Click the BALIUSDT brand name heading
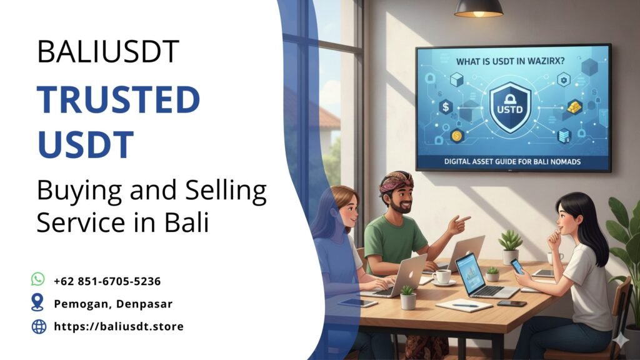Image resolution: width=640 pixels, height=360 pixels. [107, 52]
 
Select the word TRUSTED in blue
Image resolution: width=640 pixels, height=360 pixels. [118, 99]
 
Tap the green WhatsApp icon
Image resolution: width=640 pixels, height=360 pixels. [38, 279]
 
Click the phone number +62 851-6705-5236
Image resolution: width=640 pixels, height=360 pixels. [107, 281]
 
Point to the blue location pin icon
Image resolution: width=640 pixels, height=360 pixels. [38, 302]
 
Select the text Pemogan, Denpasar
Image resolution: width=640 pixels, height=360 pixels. [113, 304]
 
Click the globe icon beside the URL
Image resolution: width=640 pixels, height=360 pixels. [39, 326]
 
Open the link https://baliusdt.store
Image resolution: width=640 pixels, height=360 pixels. [119, 326]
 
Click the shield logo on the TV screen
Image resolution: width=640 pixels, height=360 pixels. [509, 106]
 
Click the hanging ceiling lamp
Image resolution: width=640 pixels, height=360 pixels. [478, 8]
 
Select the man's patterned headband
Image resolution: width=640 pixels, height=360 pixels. [396, 182]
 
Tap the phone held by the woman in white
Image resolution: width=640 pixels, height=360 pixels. [517, 266]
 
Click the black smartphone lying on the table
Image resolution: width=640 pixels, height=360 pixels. [511, 304]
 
